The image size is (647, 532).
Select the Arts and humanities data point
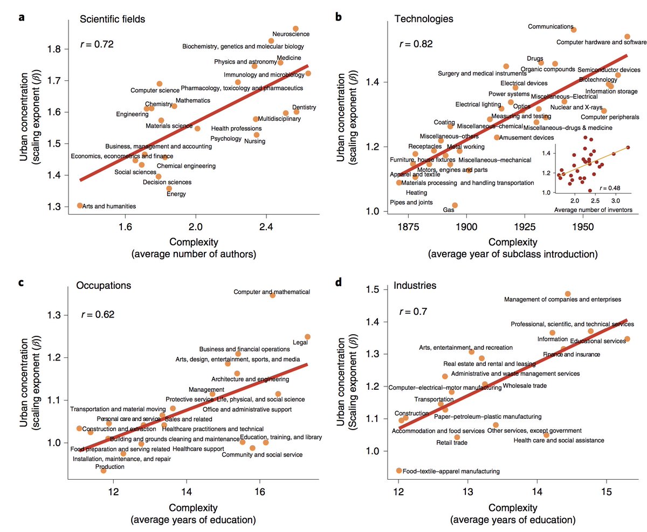click(80, 205)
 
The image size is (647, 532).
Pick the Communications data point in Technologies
click(574, 30)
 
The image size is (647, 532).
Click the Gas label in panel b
click(448, 209)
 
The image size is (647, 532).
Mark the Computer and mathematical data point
click(272, 295)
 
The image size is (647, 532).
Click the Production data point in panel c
click(104, 471)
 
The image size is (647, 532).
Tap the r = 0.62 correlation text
click(97, 314)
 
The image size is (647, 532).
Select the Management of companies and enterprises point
click(568, 294)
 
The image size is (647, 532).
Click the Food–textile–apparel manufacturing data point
click(399, 471)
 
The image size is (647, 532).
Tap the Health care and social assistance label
click(559, 440)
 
